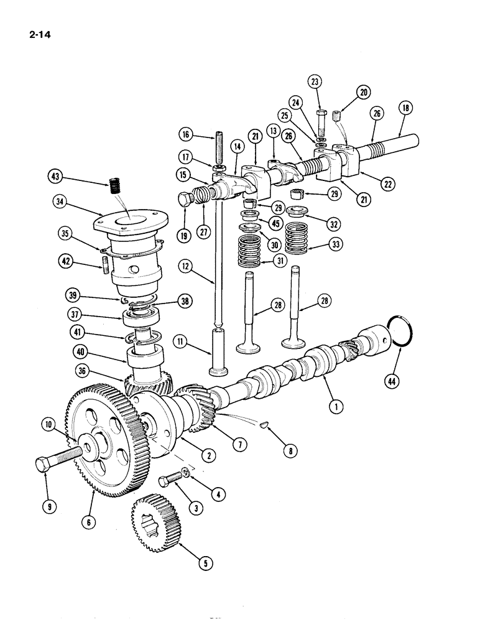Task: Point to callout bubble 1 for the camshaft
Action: (336, 408)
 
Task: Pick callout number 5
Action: (203, 563)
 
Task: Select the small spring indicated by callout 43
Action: (115, 185)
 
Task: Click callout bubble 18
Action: (406, 108)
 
